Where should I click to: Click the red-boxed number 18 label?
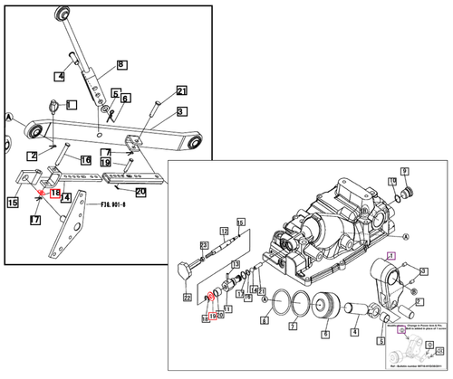tap(54, 194)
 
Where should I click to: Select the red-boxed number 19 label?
tap(213, 317)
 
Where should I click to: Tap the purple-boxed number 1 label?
tap(391, 255)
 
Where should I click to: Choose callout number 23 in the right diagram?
tap(205, 245)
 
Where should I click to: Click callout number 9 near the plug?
tap(405, 171)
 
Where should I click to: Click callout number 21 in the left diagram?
tap(181, 91)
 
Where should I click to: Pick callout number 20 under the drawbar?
tap(140, 191)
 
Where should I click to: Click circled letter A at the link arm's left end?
tap(9, 118)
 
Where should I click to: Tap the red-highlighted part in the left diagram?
tap(42, 191)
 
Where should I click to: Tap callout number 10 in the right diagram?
tap(392, 183)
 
